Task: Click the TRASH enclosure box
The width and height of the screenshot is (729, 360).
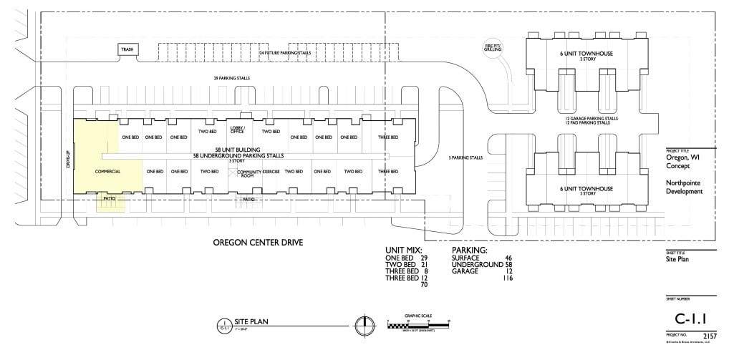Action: pos(127,50)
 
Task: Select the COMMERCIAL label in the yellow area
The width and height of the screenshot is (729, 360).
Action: pos(107,172)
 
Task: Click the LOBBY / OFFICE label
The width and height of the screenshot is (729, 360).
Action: pos(238,130)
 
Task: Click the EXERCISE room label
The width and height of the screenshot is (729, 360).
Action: pos(271,172)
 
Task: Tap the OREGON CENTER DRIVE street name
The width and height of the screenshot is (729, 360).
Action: pos(258,243)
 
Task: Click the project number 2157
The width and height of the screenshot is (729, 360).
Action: pos(709,335)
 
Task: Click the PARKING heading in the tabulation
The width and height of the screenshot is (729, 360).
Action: pos(469,250)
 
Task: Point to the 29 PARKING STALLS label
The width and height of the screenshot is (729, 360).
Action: pos(231,78)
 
